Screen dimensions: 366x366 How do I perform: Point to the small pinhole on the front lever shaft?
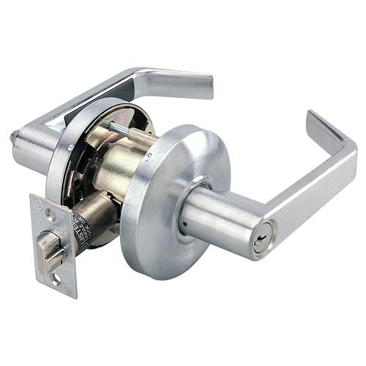(184, 220)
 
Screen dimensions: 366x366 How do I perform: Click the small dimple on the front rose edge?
(148, 155)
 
